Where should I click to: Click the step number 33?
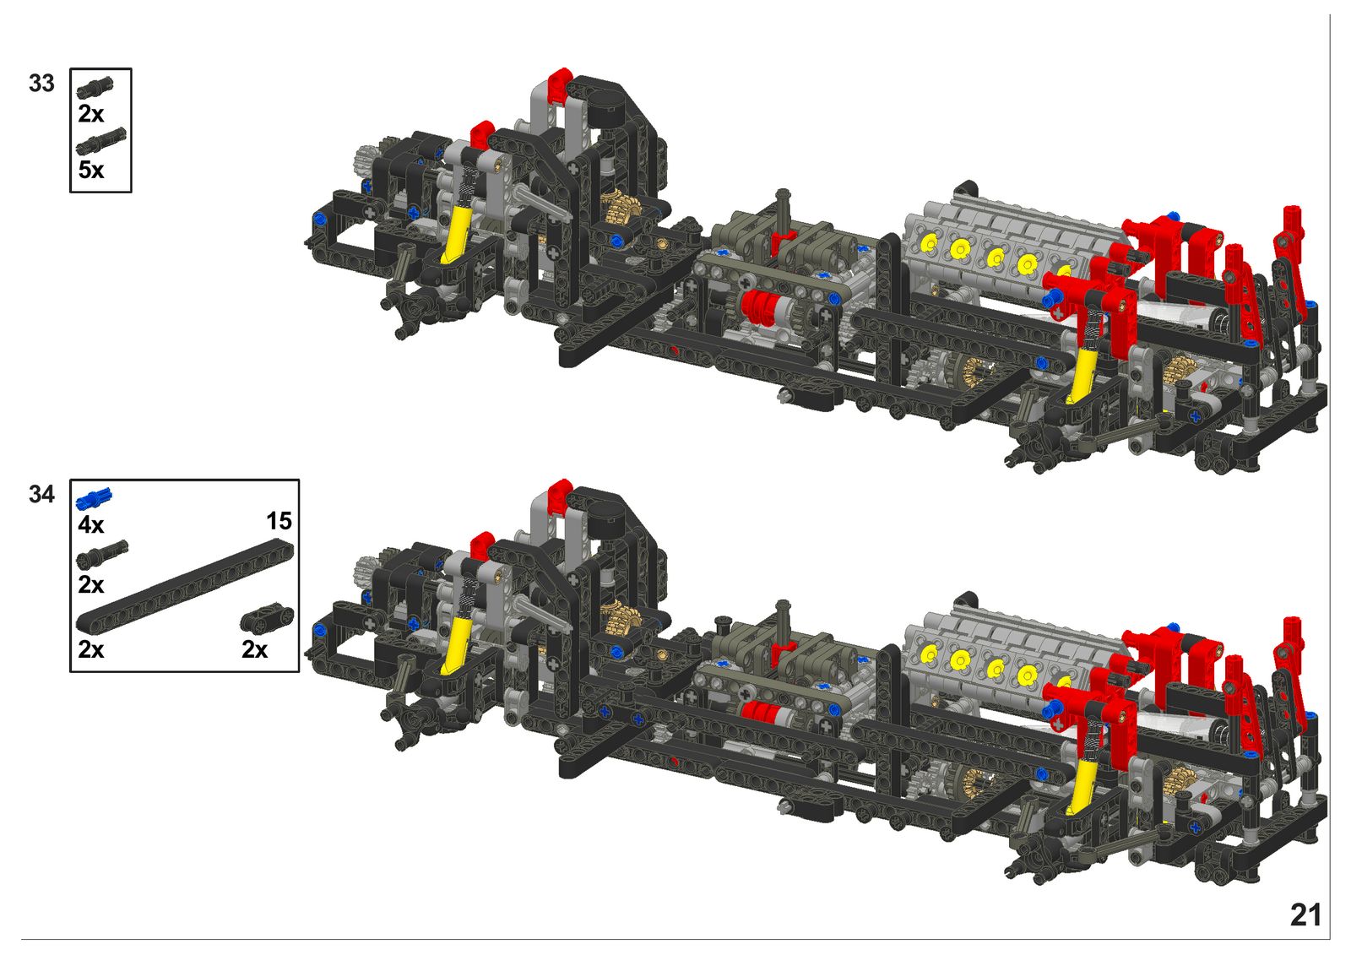pyautogui.click(x=41, y=84)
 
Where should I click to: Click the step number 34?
pyautogui.click(x=41, y=495)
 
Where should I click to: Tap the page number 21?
pyautogui.click(x=1305, y=915)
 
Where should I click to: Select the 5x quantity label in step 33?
pyautogui.click(x=91, y=170)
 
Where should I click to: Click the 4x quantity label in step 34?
pyautogui.click(x=91, y=525)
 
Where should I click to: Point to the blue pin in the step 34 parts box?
pyautogui.click(x=94, y=497)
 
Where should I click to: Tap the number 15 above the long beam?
pyautogui.click(x=279, y=521)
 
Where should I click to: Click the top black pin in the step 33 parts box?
pyautogui.click(x=95, y=88)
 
